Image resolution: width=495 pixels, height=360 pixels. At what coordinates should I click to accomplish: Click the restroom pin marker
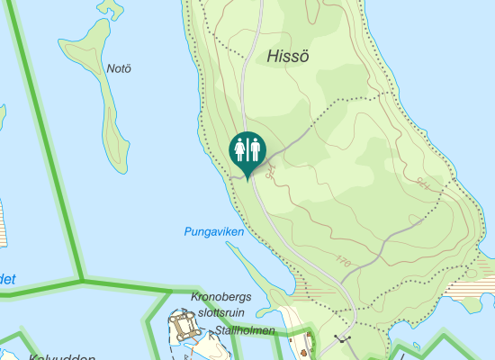[x=247, y=149]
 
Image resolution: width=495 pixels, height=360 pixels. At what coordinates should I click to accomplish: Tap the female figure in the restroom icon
[x=240, y=147]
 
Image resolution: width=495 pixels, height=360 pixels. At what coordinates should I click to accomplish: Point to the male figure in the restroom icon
[x=255, y=147]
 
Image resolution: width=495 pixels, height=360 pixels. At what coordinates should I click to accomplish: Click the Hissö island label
[x=289, y=56]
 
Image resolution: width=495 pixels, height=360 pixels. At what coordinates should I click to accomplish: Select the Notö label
[x=119, y=69]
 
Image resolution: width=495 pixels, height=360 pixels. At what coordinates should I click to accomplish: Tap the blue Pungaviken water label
[x=214, y=232]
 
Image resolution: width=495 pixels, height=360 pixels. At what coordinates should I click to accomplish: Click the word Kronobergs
[x=221, y=297]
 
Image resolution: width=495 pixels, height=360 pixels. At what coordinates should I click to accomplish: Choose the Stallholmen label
[x=246, y=331]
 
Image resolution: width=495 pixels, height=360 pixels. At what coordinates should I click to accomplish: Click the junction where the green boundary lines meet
[x=82, y=280]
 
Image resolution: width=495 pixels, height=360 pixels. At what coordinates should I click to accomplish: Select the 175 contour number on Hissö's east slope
[x=424, y=184]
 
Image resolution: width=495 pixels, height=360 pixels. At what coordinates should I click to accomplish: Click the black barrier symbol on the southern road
[x=342, y=339]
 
